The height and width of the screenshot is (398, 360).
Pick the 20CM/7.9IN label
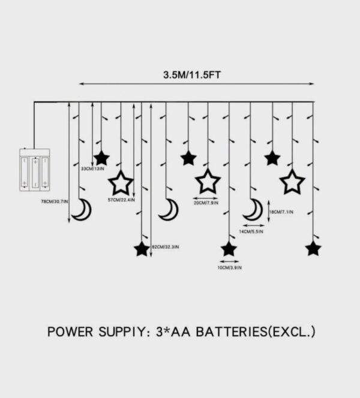[x=206, y=203]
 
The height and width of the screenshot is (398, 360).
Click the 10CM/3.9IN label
[x=229, y=267]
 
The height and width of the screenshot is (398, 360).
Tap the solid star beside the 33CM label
[x=101, y=158]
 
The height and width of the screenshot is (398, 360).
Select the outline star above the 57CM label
[x=121, y=182]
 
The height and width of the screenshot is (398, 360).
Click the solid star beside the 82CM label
[x=142, y=248]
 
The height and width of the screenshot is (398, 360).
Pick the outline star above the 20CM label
[x=207, y=181]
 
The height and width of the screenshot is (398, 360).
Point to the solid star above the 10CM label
[x=229, y=248]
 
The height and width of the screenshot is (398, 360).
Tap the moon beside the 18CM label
[x=254, y=210]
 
